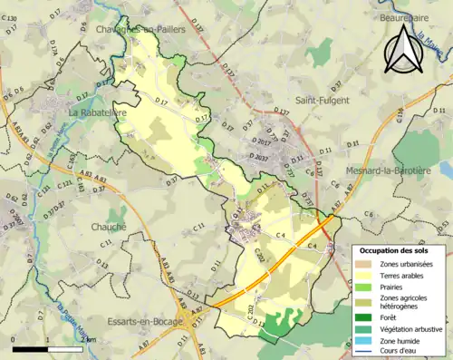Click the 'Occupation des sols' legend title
393,249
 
